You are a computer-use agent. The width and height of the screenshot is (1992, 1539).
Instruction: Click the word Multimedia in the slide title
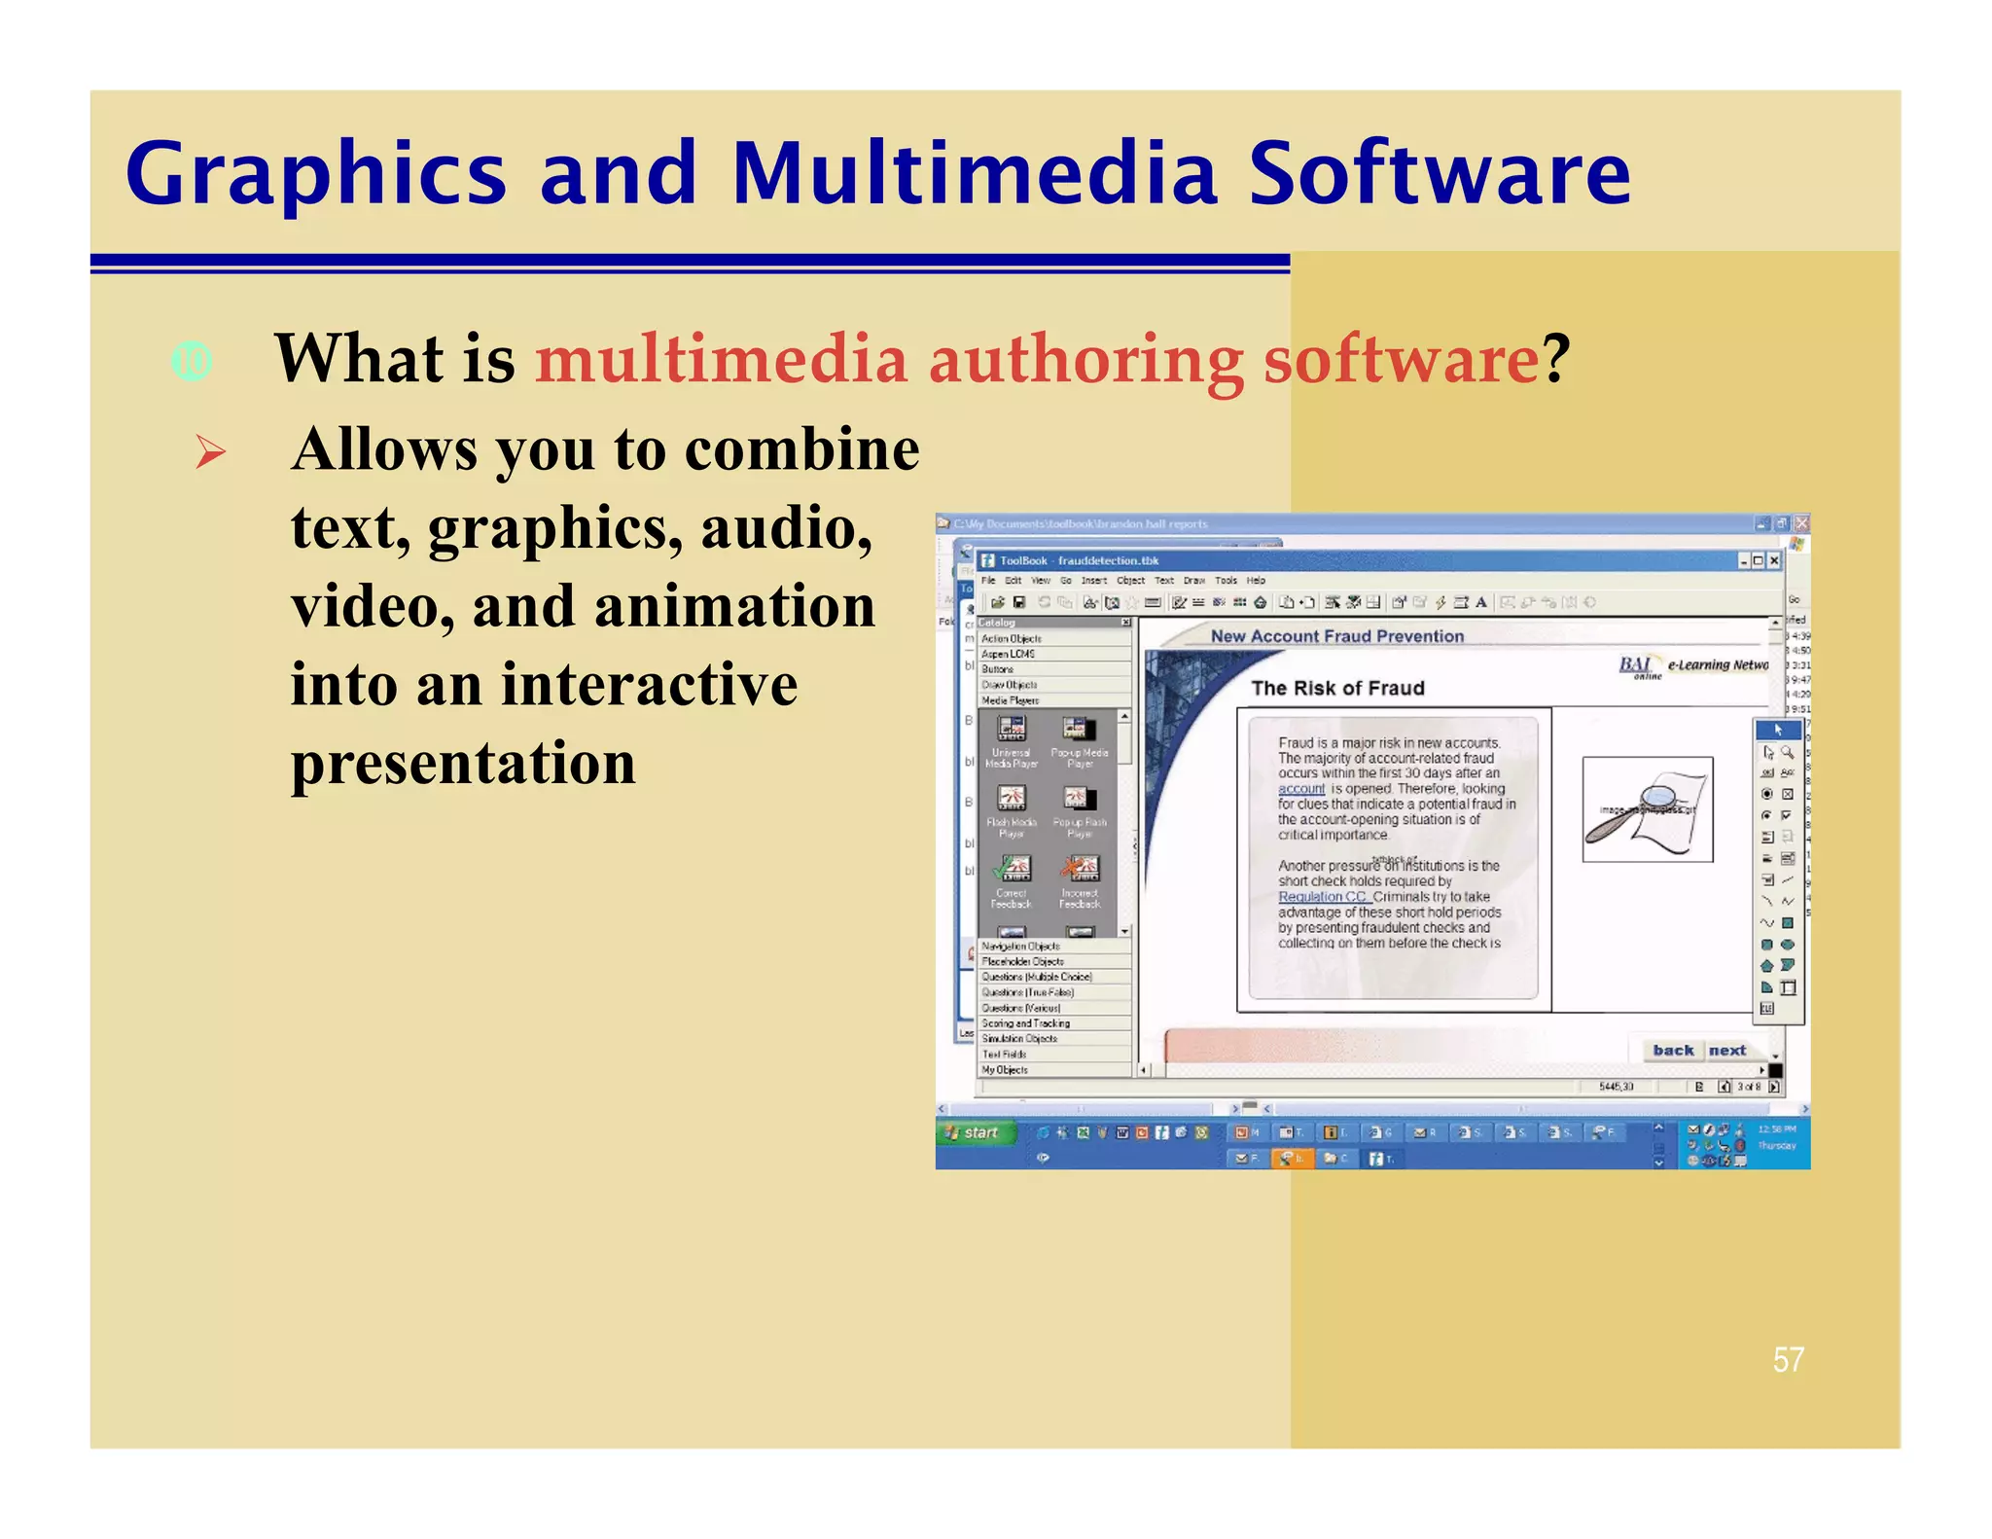pos(974,174)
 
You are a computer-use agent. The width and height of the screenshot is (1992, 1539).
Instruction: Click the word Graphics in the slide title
pos(316,176)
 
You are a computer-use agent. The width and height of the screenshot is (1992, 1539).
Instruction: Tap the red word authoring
pos(1085,360)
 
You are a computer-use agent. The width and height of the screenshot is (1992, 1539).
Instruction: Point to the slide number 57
pos(1788,1359)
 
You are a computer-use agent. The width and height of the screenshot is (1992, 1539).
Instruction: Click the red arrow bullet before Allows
pos(210,452)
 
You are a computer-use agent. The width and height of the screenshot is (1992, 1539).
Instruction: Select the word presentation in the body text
pos(463,763)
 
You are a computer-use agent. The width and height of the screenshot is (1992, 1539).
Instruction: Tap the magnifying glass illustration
pos(1646,809)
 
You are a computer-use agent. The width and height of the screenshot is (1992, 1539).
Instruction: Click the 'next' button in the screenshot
pos(1727,1051)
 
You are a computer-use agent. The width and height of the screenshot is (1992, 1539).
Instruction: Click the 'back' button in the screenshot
pos(1673,1051)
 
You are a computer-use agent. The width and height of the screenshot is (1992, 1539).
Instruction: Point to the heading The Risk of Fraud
pos(1337,689)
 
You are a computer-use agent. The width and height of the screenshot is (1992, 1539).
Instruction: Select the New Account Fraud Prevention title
pos(1336,636)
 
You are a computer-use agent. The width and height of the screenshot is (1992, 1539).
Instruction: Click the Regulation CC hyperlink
pos(1322,897)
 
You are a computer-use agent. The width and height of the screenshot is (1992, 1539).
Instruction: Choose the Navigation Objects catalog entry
pos(1020,946)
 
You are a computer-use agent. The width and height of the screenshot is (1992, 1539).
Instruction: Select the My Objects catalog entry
pos(1005,1070)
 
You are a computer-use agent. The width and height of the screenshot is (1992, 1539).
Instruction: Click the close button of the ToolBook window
pos(1775,560)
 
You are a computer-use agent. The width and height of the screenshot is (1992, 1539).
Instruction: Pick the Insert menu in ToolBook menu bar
pos(1094,581)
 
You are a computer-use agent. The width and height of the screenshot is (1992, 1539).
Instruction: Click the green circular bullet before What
pos(192,362)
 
